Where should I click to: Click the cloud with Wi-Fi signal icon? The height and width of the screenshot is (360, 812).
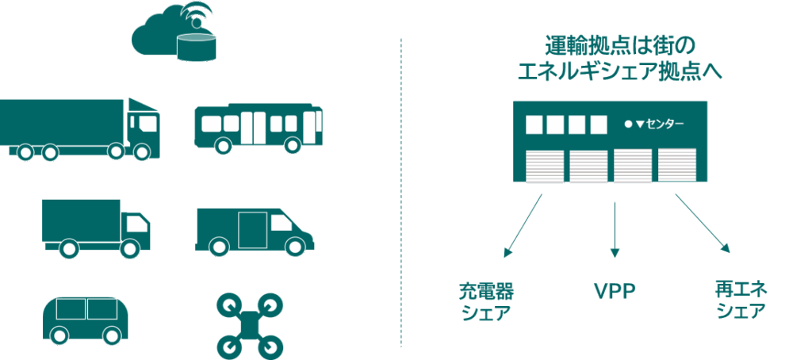[x=174, y=33]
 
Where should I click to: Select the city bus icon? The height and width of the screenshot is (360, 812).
[x=259, y=127]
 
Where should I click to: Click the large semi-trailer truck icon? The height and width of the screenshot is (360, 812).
[x=80, y=128]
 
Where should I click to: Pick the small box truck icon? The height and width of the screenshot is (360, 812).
[x=96, y=228]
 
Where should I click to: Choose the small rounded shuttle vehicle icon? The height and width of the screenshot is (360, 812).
[x=85, y=320]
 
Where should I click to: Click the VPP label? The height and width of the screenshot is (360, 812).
[x=615, y=292]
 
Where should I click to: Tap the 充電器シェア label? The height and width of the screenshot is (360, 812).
[x=486, y=302]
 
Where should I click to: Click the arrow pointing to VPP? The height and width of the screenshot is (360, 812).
[x=615, y=229]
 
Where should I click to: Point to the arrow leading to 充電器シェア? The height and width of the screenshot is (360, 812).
[x=523, y=226]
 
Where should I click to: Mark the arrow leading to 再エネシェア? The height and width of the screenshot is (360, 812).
[x=703, y=224]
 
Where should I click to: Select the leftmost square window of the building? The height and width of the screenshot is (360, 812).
[x=534, y=124]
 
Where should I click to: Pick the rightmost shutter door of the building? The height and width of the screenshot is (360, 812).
[x=677, y=165]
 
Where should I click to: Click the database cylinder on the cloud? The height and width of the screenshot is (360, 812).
[x=196, y=46]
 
